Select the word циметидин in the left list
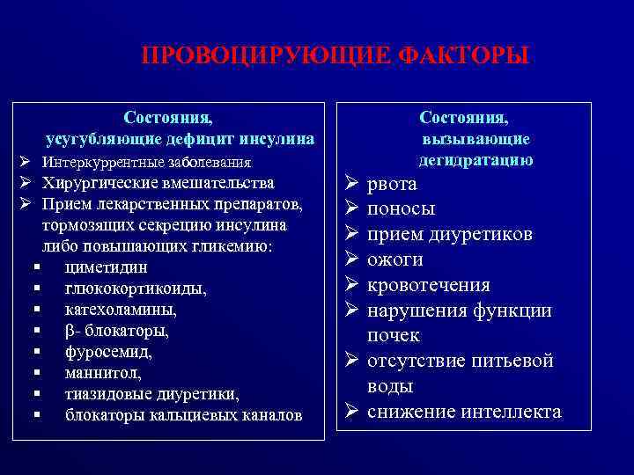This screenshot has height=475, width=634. [x=106, y=267]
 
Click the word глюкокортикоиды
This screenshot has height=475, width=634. [x=136, y=289]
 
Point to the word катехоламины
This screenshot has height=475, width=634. [x=121, y=310]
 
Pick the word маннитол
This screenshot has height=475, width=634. [x=103, y=373]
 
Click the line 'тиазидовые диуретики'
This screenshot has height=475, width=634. [x=151, y=393]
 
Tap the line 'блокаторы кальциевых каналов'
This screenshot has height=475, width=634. [x=183, y=414]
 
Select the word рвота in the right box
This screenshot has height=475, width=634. [x=392, y=185]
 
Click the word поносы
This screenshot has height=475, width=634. [x=401, y=209]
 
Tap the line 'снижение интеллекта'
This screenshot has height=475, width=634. [x=463, y=412]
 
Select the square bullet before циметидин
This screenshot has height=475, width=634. [x=38, y=267]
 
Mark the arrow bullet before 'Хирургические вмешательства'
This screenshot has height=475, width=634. [x=26, y=183]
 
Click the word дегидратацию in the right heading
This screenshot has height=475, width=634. [x=475, y=159]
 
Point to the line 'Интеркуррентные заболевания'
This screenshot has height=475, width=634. [x=146, y=163]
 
